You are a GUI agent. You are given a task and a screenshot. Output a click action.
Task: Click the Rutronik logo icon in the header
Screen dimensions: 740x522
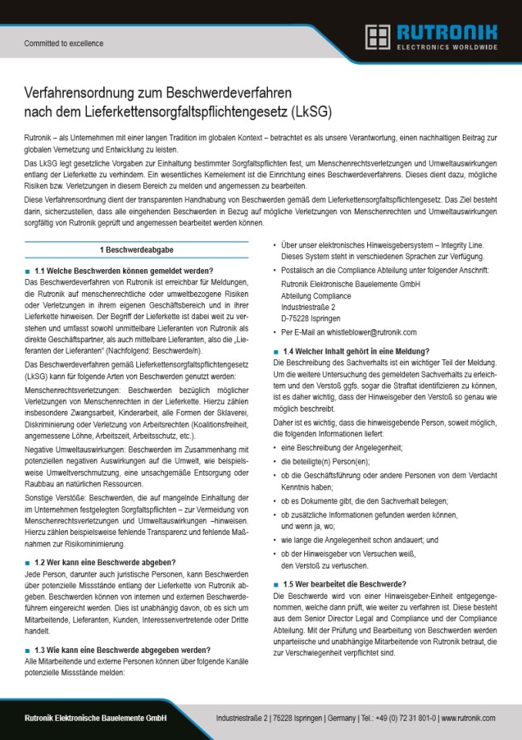377,36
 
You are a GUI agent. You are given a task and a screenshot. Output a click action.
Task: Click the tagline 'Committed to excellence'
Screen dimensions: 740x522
63,44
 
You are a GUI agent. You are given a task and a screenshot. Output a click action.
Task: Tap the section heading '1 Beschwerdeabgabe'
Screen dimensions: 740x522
136,251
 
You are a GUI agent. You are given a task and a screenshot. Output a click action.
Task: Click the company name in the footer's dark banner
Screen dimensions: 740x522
95,718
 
